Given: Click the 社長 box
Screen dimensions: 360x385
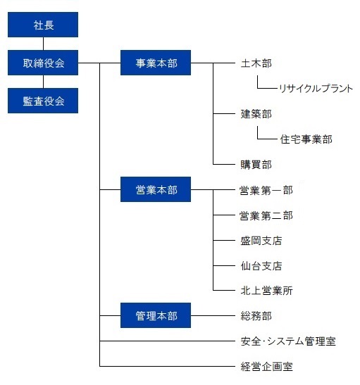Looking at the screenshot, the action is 43,25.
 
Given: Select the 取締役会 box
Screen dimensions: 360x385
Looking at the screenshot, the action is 43,63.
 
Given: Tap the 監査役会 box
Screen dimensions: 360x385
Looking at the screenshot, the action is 43,101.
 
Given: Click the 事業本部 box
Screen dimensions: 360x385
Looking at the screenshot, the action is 156,63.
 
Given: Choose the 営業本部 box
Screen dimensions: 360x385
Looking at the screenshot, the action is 156,189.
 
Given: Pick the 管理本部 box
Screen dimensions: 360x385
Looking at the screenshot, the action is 156,315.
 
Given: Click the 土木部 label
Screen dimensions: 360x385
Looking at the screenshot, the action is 256,63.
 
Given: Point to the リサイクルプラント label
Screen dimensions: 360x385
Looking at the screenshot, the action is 316,89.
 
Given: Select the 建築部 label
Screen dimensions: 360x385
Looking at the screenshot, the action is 256,114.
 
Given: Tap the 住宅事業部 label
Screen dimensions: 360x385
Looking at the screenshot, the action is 306,139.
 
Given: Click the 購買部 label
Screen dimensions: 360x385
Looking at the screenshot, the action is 256,165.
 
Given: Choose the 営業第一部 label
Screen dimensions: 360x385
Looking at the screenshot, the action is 266,190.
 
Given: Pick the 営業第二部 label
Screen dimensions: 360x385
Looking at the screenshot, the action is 266,215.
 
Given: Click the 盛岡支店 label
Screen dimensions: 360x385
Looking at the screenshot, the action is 261,241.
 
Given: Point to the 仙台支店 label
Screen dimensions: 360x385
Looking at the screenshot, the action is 261,266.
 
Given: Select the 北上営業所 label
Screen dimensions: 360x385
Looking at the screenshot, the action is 266,291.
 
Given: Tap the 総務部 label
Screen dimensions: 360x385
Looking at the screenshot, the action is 256,316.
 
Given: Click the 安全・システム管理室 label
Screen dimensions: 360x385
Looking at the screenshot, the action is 288,341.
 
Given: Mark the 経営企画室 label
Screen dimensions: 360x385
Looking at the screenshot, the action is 266,367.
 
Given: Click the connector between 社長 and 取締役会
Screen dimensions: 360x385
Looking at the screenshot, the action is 43,44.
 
